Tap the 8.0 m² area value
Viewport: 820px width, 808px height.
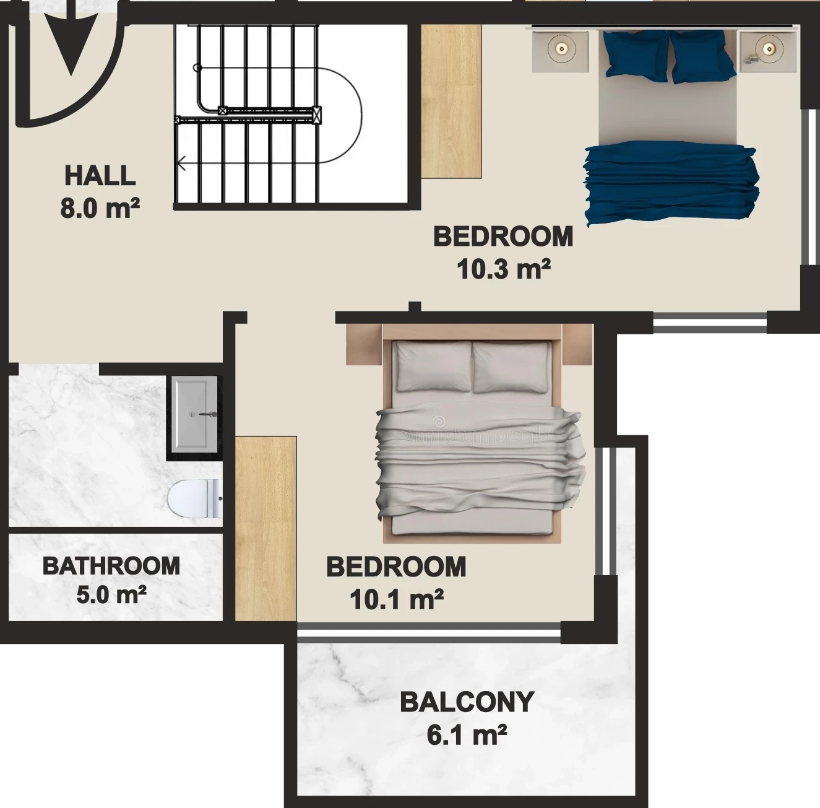(x=100, y=208)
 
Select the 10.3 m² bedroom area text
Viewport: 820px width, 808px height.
(x=504, y=269)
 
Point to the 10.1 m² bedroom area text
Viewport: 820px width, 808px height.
(x=397, y=599)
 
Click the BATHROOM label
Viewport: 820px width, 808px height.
(x=111, y=566)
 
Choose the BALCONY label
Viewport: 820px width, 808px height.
(x=467, y=702)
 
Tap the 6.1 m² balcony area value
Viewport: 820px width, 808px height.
(x=467, y=735)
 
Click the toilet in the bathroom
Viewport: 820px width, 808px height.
(x=194, y=498)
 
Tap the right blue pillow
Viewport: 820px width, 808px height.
(x=702, y=56)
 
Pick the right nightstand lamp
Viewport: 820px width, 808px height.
(x=769, y=49)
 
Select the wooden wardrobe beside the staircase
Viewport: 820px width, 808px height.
(x=452, y=102)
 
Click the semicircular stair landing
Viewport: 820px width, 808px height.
(x=340, y=115)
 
